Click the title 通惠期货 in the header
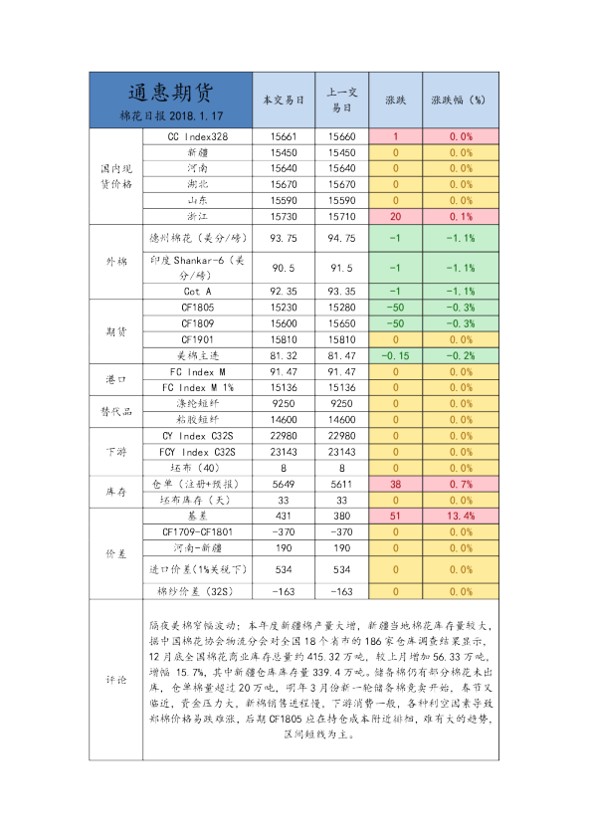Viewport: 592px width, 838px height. pyautogui.click(x=169, y=93)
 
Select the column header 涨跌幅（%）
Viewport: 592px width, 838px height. pyautogui.click(x=459, y=101)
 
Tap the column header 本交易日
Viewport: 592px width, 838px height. pyautogui.click(x=283, y=101)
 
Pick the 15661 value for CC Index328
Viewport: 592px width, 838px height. pyautogui.click(x=284, y=136)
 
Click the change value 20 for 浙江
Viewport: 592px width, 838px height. pyautogui.click(x=395, y=216)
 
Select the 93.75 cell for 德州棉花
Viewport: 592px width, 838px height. pyautogui.click(x=284, y=239)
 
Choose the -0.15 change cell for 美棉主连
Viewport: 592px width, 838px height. pyautogui.click(x=395, y=355)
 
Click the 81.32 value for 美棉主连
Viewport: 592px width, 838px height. pyautogui.click(x=284, y=355)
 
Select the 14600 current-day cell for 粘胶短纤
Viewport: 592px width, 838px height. pyautogui.click(x=284, y=421)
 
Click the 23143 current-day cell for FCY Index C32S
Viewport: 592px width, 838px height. pyautogui.click(x=284, y=452)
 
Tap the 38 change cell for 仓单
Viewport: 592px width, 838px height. pyautogui.click(x=395, y=484)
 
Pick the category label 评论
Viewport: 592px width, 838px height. pyautogui.click(x=116, y=681)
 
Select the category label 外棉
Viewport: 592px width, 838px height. pyautogui.click(x=116, y=262)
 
